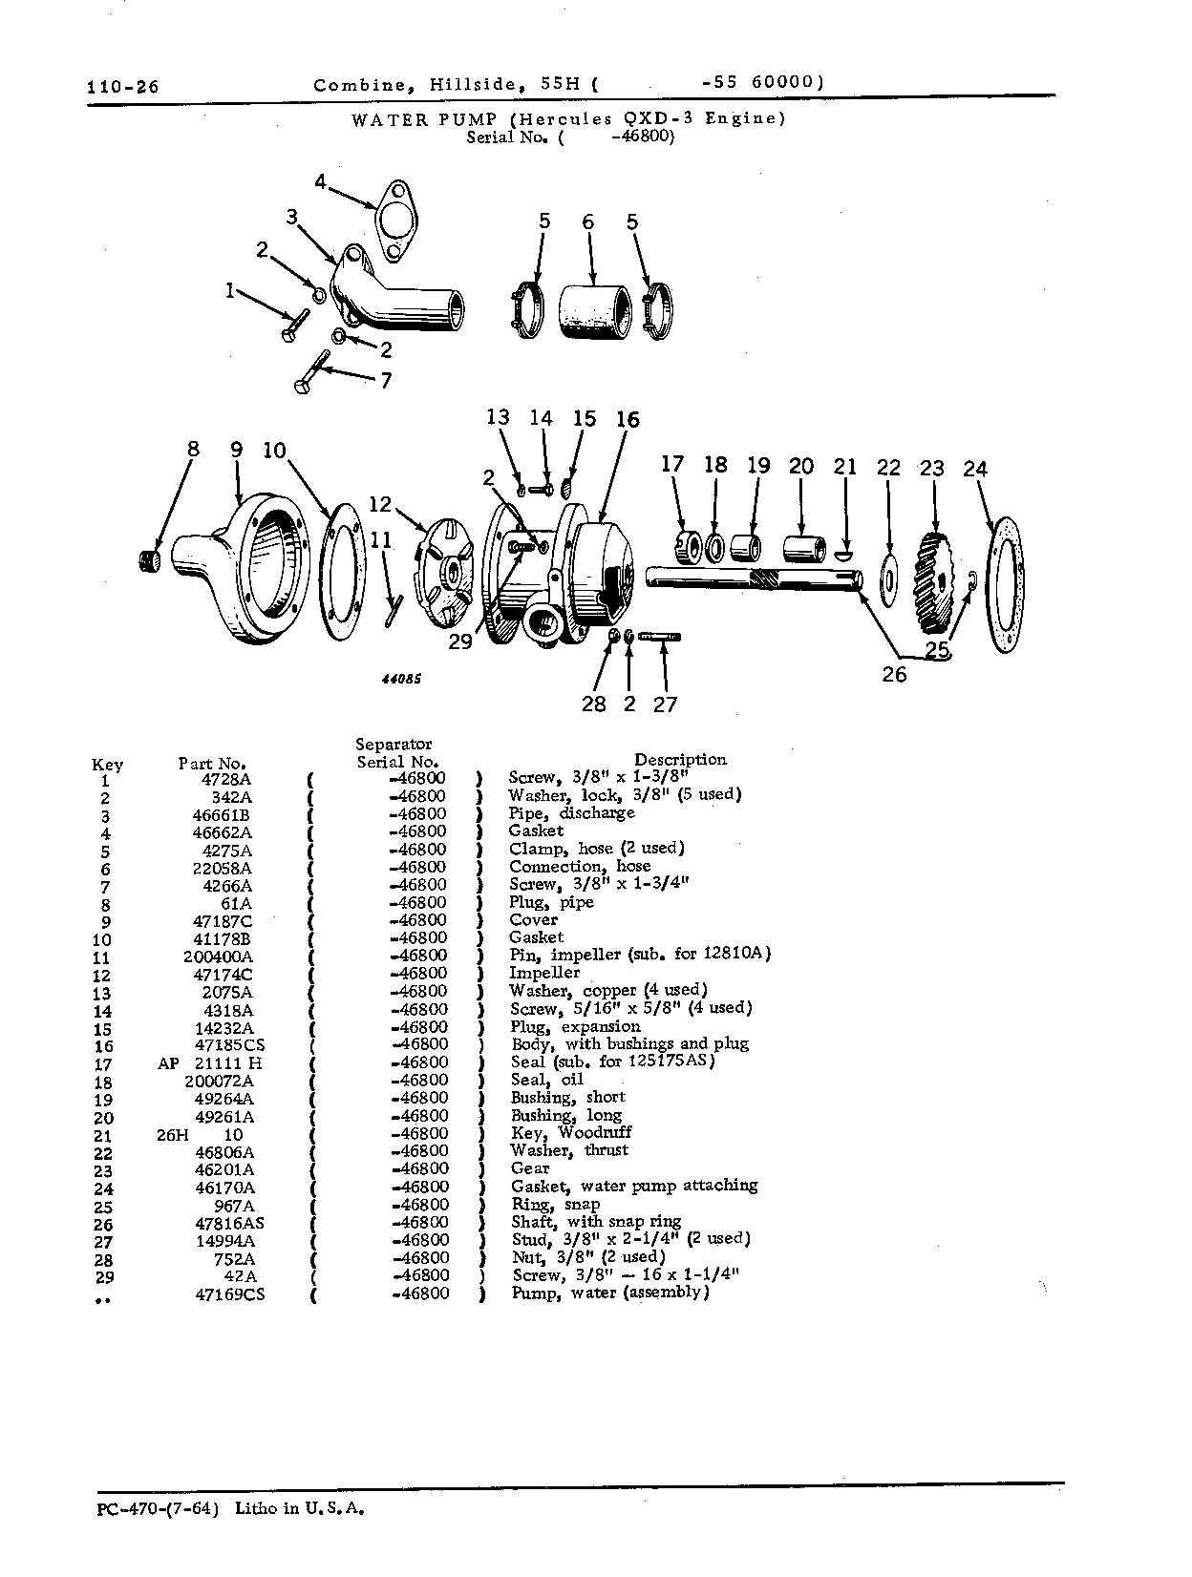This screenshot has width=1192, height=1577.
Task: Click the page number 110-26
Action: pyautogui.click(x=122, y=87)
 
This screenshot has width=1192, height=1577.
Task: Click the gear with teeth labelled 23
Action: pyautogui.click(x=933, y=582)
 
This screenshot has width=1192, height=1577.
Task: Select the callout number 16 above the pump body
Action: pyautogui.click(x=628, y=420)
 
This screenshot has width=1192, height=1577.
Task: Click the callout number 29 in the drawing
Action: pyautogui.click(x=459, y=641)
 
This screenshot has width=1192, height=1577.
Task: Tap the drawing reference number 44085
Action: pyautogui.click(x=401, y=679)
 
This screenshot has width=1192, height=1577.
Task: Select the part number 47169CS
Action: pyautogui.click(x=230, y=1294)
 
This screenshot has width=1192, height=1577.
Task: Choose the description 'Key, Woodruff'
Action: pyautogui.click(x=570, y=1133)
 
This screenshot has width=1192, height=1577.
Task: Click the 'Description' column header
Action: pyautogui.click(x=680, y=760)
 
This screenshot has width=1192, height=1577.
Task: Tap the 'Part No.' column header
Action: pyautogui.click(x=212, y=763)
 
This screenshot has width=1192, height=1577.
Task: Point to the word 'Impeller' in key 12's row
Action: pyautogui.click(x=543, y=973)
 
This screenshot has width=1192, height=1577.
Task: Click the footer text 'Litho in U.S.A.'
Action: pyautogui.click(x=300, y=1508)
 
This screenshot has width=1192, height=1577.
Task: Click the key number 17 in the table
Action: pyautogui.click(x=103, y=1065)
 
